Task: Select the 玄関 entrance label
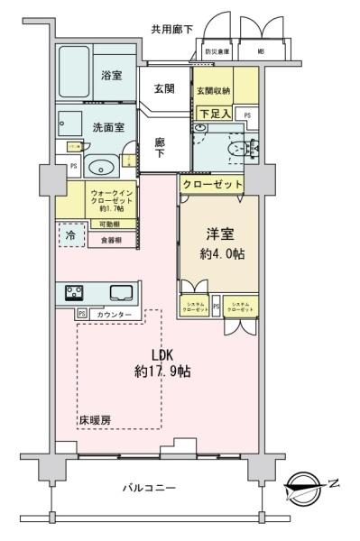(164, 87)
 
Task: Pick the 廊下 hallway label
(159, 148)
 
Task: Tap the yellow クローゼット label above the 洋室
(213, 183)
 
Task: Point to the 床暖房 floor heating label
(93, 421)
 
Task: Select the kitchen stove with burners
(74, 292)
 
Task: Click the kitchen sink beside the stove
(119, 292)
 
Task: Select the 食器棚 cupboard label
(112, 241)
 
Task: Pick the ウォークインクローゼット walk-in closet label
(111, 198)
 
